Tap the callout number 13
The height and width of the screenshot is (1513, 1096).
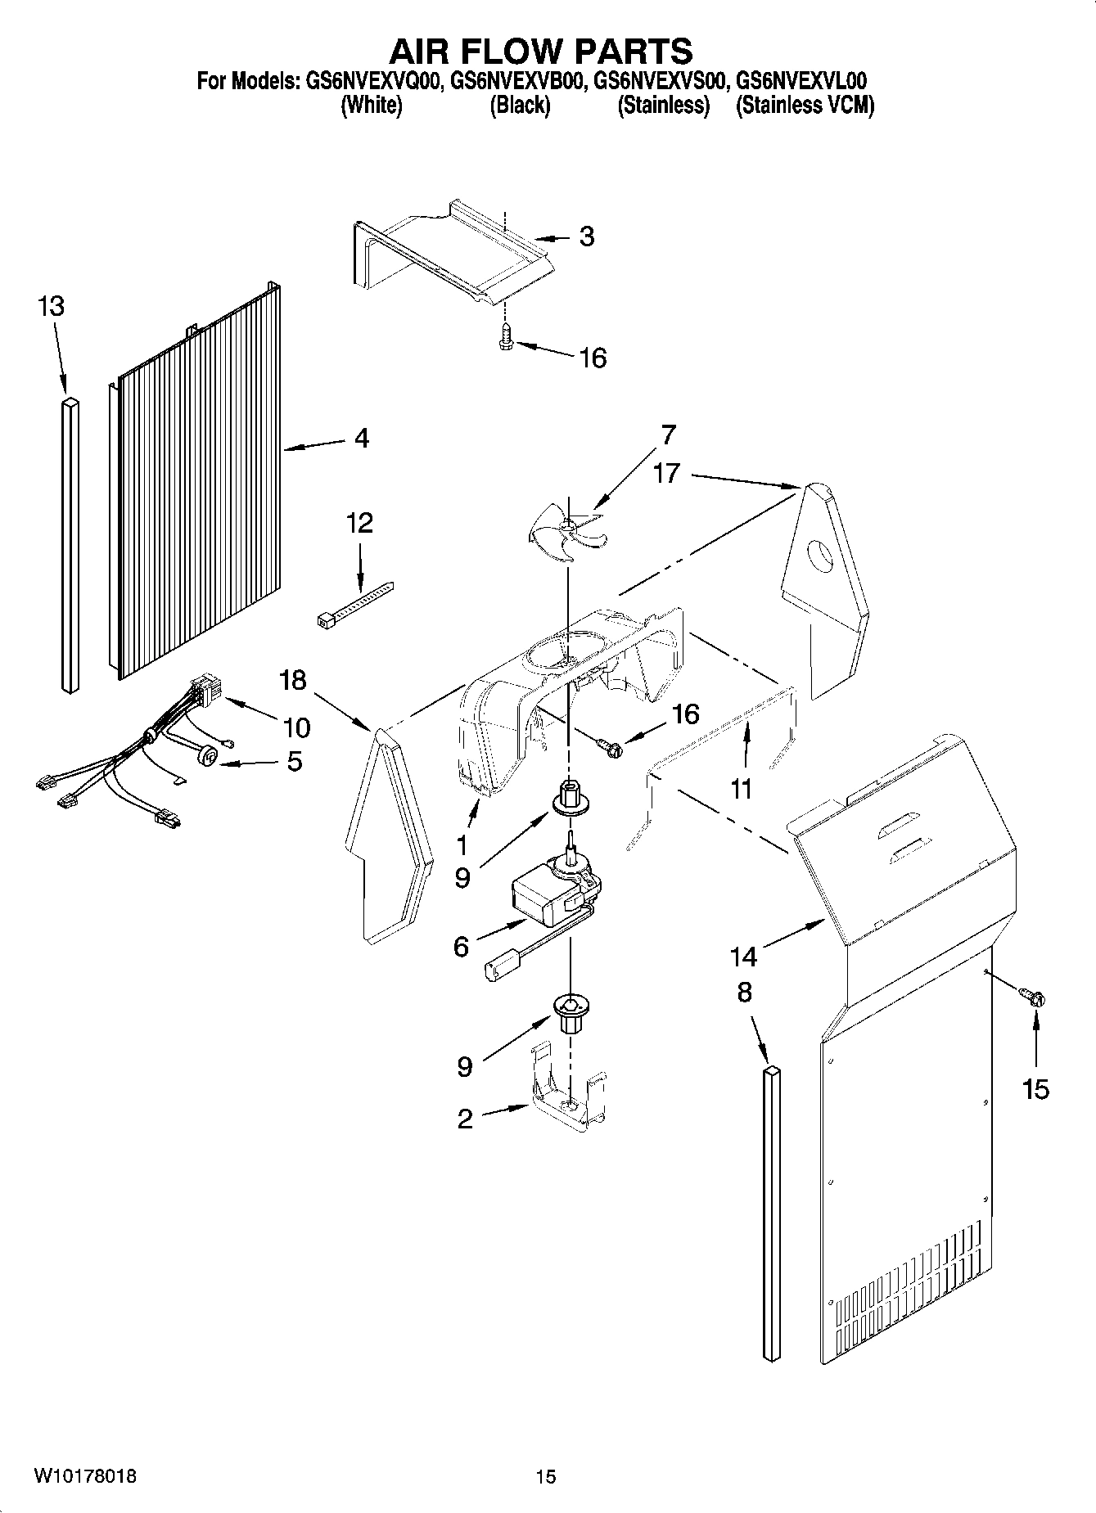click(51, 307)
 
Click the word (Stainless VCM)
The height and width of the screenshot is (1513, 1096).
click(805, 106)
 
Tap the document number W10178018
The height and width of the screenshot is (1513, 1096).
click(85, 1476)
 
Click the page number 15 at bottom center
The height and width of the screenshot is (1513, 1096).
click(546, 1477)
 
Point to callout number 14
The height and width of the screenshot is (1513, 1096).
click(743, 955)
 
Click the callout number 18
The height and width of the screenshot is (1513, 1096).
click(292, 679)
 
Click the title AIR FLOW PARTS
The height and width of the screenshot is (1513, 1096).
click(540, 52)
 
